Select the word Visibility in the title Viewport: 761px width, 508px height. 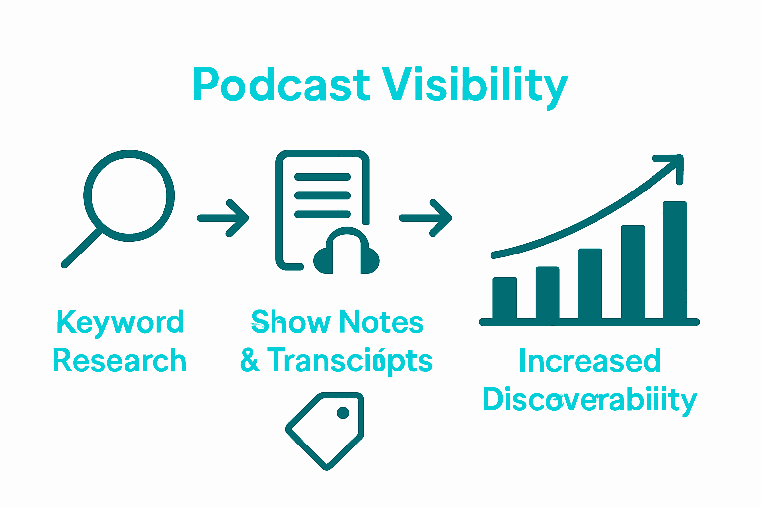click(474, 85)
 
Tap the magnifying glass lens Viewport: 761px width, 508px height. click(129, 195)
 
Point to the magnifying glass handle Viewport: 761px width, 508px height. click(82, 249)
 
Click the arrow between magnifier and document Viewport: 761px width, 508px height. click(224, 218)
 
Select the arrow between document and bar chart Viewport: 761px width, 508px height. click(427, 218)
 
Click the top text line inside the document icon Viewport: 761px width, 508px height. click(323, 177)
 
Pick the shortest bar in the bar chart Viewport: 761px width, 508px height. click(505, 298)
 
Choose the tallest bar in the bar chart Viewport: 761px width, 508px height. click(674, 260)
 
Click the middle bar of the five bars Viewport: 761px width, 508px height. click(590, 284)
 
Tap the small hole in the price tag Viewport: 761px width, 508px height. click(343, 412)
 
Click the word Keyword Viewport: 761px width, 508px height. click(120, 323)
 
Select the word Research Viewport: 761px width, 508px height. click(119, 361)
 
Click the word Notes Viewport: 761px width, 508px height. click(381, 322)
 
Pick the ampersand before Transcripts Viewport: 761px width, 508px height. click(250, 361)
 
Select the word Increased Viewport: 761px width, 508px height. click(590, 361)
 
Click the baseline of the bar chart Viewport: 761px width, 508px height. click(589, 322)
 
